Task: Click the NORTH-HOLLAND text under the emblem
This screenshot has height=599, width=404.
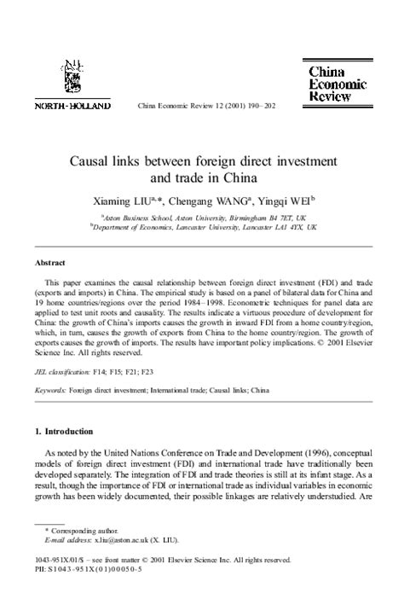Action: (72, 107)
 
